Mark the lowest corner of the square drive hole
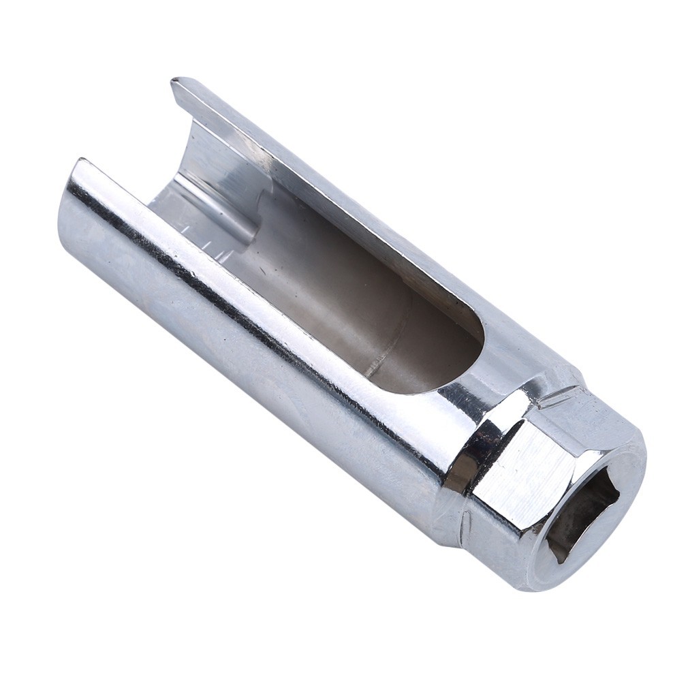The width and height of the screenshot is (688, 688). click(x=559, y=562)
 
